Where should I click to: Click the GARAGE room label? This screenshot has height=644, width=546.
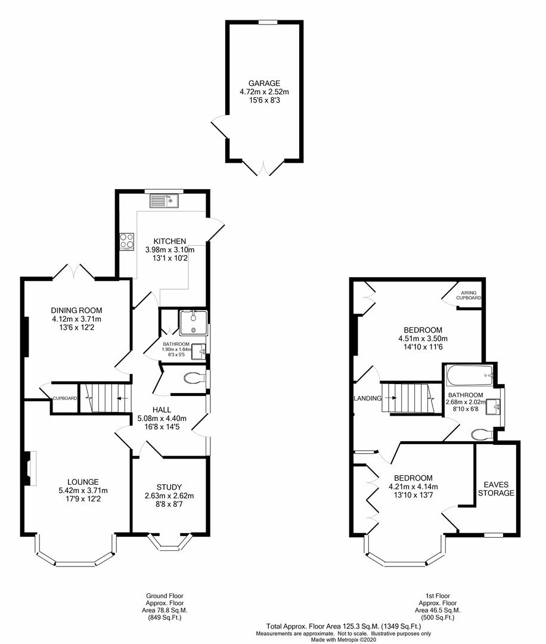pyautogui.click(x=264, y=83)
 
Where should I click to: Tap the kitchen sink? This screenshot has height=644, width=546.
pyautogui.click(x=164, y=200)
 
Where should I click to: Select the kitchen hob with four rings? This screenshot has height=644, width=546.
pyautogui.click(x=127, y=241)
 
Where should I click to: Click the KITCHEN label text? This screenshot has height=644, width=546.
pyautogui.click(x=169, y=241)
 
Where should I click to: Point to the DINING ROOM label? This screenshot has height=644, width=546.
pyautogui.click(x=76, y=311)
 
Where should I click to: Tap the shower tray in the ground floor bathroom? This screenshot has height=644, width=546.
pyautogui.click(x=193, y=323)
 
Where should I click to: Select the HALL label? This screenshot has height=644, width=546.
pyautogui.click(x=162, y=410)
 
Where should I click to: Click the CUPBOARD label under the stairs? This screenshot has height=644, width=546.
pyautogui.click(x=65, y=398)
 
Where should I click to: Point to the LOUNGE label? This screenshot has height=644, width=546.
pyautogui.click(x=83, y=482)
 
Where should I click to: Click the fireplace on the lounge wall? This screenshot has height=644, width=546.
pyautogui.click(x=30, y=469)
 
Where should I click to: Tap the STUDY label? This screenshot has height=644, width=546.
pyautogui.click(x=169, y=487)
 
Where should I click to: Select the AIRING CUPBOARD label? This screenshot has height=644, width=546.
pyautogui.click(x=469, y=295)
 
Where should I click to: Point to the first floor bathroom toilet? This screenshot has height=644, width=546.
pyautogui.click(x=483, y=434)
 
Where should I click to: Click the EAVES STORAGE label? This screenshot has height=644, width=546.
pyautogui.click(x=496, y=489)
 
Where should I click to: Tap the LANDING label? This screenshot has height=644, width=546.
pyautogui.click(x=367, y=398)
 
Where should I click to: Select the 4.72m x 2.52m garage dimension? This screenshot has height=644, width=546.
pyautogui.click(x=264, y=92)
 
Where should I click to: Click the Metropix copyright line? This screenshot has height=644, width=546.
pyautogui.click(x=343, y=639)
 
